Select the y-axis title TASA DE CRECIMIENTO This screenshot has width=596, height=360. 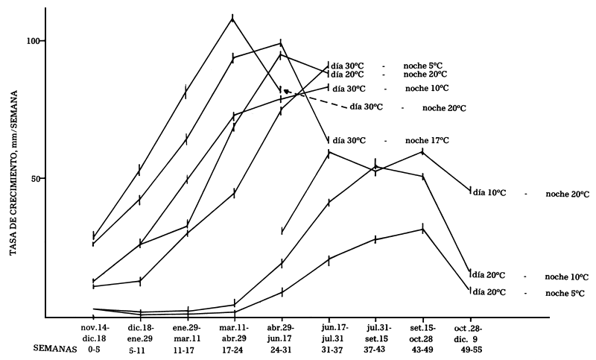pyautogui.click(x=13, y=171)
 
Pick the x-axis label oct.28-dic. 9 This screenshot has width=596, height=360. pyautogui.click(x=469, y=332)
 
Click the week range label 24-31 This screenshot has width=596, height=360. pyautogui.click(x=280, y=348)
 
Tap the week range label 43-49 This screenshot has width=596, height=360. pyautogui.click(x=422, y=348)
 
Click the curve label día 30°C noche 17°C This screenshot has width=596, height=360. pyautogui.click(x=391, y=140)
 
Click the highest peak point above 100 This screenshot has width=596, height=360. pyautogui.click(x=233, y=19)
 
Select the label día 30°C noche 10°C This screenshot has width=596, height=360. pyautogui.click(x=391, y=88)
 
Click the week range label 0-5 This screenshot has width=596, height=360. pyautogui.click(x=92, y=348)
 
